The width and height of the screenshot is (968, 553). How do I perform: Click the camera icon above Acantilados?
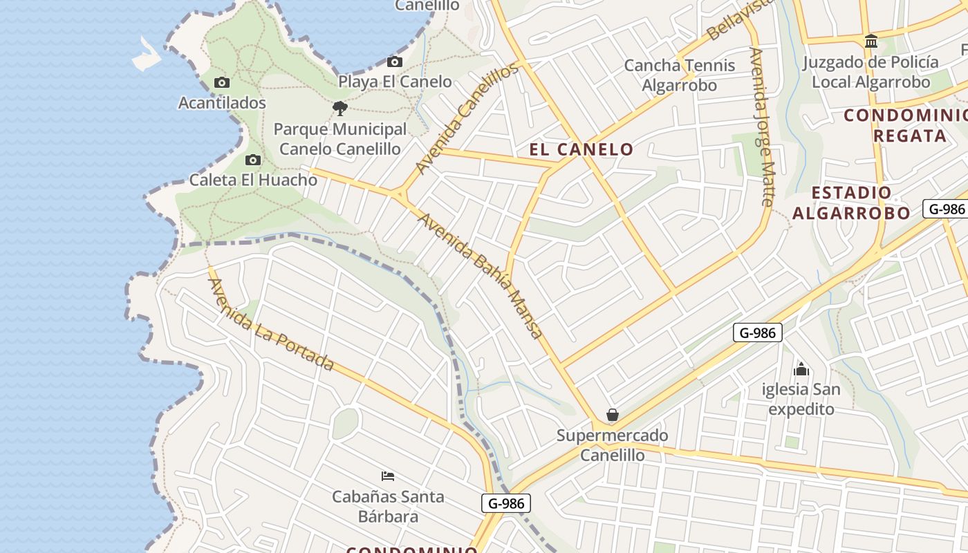click(x=222, y=83)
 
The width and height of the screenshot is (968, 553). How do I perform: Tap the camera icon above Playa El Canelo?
click(x=395, y=62)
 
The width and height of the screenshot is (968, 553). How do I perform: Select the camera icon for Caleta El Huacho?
click(x=253, y=160)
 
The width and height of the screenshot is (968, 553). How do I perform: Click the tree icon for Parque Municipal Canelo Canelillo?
click(x=339, y=109)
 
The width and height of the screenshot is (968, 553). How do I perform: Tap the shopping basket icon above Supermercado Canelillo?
click(x=612, y=415)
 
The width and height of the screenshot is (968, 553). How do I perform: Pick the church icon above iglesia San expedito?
click(x=801, y=369)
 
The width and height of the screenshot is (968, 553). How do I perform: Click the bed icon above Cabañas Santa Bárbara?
click(x=388, y=476)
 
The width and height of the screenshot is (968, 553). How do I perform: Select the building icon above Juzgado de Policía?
click(x=871, y=41)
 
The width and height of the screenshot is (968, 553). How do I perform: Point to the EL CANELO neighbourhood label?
click(x=581, y=149)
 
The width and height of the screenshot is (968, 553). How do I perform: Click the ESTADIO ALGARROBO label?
click(x=851, y=203)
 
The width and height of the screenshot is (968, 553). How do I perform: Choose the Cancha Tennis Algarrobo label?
click(x=680, y=75)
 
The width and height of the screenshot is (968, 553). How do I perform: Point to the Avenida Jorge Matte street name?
click(x=763, y=126)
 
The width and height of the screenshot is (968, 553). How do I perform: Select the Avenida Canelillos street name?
click(x=467, y=118)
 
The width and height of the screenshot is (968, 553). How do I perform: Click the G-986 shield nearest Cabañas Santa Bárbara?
click(x=506, y=503)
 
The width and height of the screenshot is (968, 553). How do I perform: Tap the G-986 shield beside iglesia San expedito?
click(x=757, y=332)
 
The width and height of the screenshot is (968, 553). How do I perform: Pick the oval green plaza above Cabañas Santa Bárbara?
click(x=345, y=424)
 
